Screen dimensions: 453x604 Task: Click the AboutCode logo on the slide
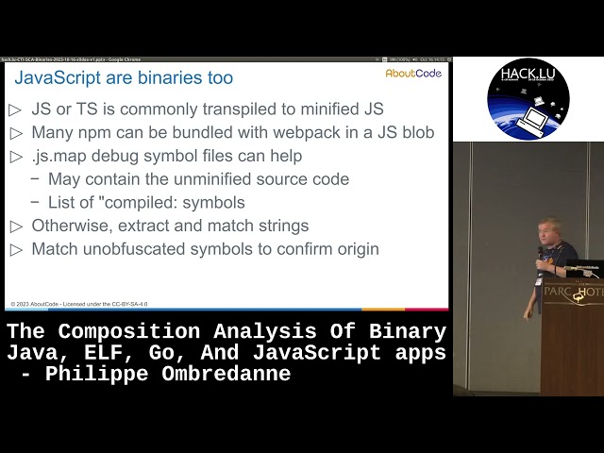(x=413, y=74)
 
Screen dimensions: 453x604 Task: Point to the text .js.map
(x=61, y=156)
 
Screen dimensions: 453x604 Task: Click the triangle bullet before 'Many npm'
(x=15, y=133)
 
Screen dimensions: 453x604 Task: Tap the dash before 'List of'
(x=35, y=203)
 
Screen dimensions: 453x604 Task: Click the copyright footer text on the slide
(x=79, y=304)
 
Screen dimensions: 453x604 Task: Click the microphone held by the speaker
(x=540, y=255)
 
